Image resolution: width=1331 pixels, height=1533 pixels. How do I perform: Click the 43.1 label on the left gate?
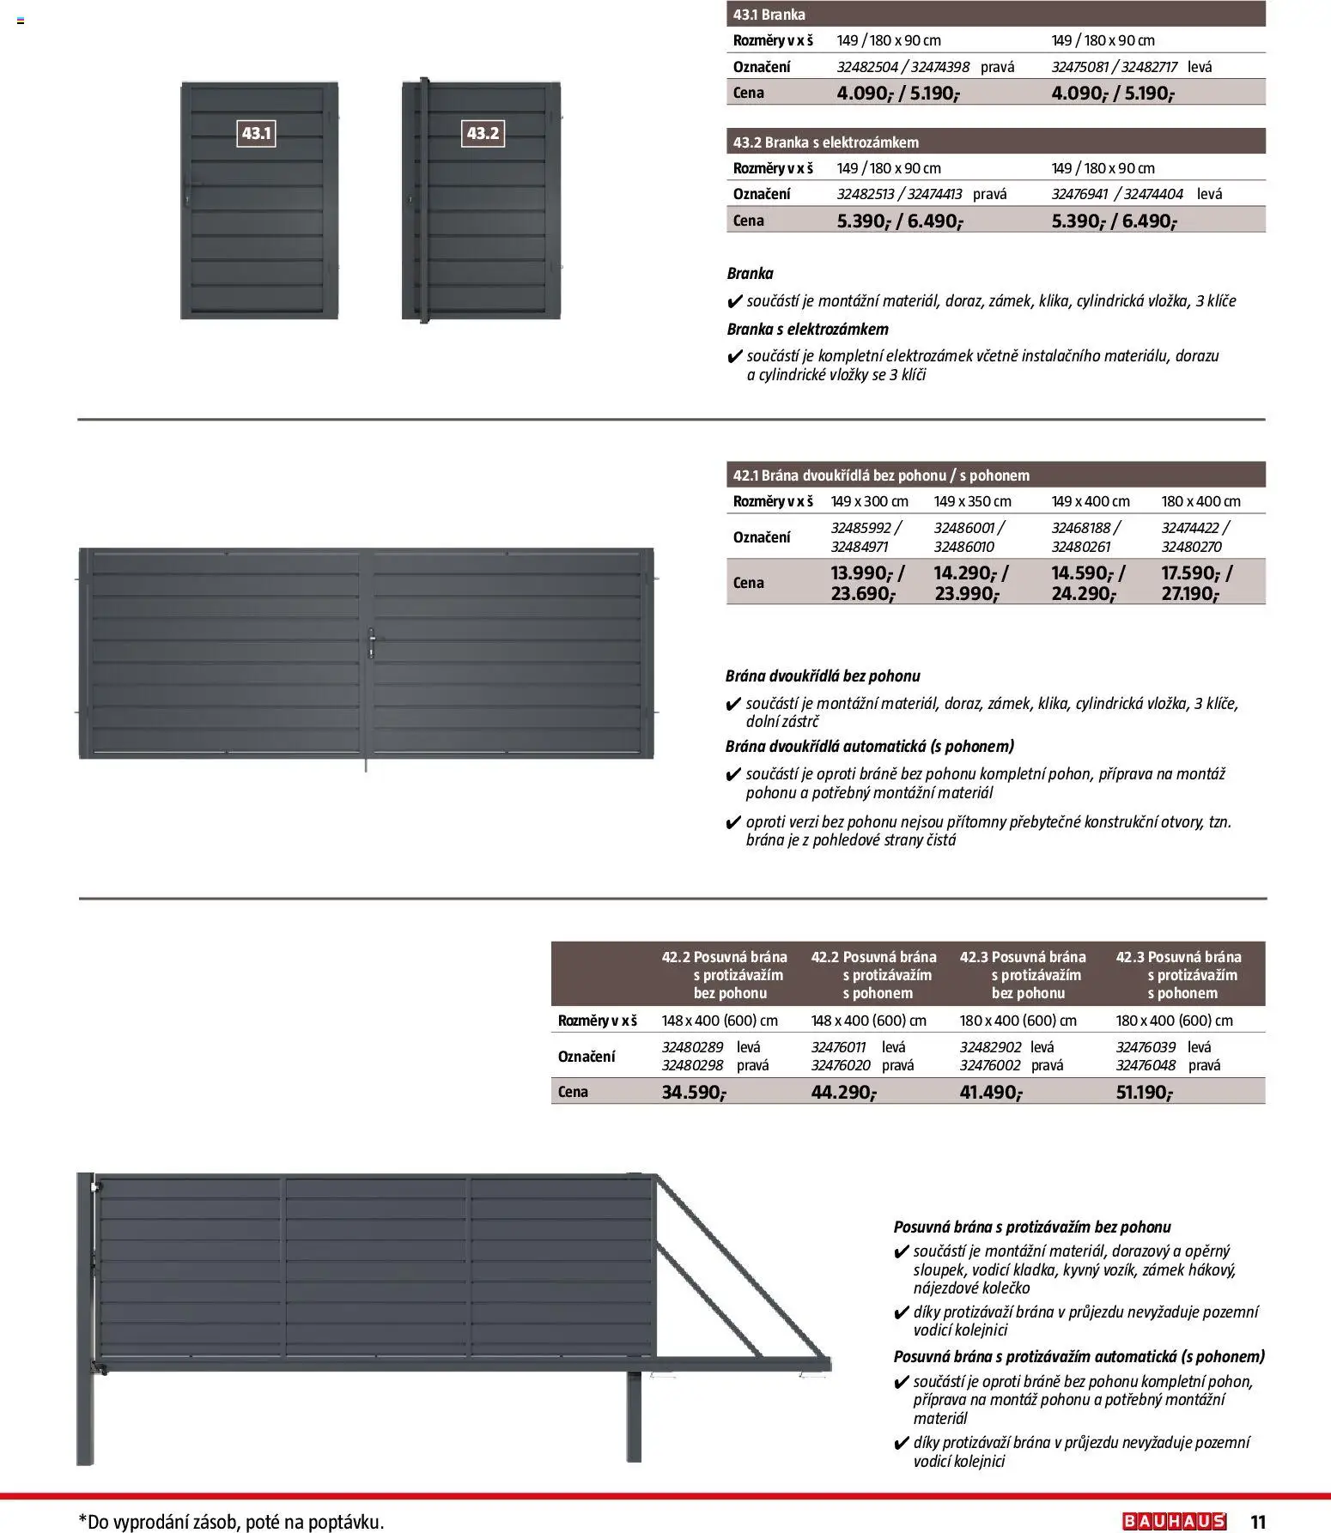[x=256, y=133]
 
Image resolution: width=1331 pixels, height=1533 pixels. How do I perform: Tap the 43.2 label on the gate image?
[x=483, y=133]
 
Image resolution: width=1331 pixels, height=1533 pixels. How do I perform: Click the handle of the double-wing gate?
[x=370, y=645]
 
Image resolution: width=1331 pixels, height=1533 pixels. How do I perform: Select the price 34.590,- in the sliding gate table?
[x=694, y=1092]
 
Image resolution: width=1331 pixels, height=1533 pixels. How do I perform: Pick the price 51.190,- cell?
[x=1145, y=1092]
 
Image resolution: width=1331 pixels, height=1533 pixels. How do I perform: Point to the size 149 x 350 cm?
[x=972, y=501]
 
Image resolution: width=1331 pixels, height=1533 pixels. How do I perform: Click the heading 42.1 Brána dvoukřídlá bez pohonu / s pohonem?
[x=881, y=476]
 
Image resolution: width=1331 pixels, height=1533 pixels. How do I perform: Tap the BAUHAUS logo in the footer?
[x=1174, y=1521]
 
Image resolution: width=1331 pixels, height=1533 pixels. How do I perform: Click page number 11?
[x=1258, y=1522]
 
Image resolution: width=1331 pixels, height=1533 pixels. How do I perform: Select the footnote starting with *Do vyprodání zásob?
[x=231, y=1522]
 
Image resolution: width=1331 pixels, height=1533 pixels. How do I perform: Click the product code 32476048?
[x=1146, y=1065]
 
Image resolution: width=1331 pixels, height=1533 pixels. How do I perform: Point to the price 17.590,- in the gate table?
[x=1195, y=573]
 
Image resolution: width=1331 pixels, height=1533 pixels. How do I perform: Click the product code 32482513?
[x=866, y=194]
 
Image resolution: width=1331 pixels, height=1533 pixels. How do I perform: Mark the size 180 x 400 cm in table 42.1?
[x=1200, y=501]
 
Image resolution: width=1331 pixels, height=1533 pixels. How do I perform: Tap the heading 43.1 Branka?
[x=769, y=15]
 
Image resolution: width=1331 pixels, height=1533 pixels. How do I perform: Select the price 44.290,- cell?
[x=843, y=1092]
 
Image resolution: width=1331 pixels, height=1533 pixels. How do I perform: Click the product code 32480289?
[x=692, y=1047]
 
